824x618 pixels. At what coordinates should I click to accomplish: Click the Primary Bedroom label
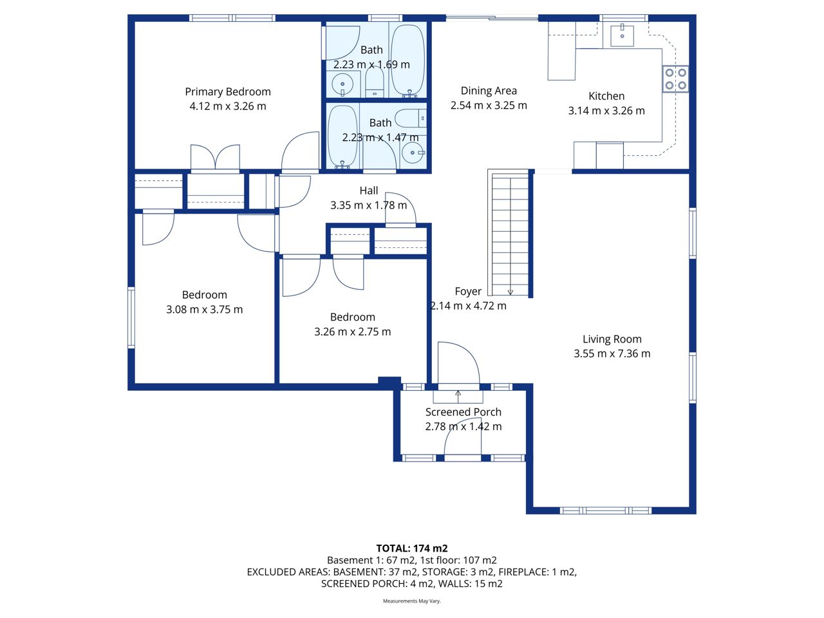pos(227,92)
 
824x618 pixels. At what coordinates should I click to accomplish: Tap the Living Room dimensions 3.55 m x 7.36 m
pos(612,353)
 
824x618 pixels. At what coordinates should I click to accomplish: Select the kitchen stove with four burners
pos(675,79)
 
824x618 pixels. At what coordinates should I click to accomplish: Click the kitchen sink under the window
pos(622,35)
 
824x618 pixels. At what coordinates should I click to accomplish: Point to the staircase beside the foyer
pos(510,235)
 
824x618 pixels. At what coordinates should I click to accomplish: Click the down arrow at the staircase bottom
pos(510,291)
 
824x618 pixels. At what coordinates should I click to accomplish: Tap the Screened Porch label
pos(464,412)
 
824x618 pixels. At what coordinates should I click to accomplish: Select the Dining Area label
pos(489,91)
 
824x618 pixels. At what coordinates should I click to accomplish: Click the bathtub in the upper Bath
pos(407,60)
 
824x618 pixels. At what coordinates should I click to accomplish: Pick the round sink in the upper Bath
pos(342,84)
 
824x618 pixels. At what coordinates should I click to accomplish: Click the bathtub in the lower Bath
pos(342,136)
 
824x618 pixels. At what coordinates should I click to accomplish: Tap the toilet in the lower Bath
pos(410,118)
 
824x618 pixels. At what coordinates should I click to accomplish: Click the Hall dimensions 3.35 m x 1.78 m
pos(368,205)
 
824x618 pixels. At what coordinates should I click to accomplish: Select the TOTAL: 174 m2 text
pos(412,548)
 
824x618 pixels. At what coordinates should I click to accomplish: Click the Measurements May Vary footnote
pos(411,601)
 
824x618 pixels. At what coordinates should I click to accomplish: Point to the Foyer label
pos(468,291)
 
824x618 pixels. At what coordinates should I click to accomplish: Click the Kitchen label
pos(606,96)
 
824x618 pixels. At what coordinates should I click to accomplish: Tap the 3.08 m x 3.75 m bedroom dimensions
pos(204,310)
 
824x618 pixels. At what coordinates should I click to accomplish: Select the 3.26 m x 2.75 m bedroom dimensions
pos(352,332)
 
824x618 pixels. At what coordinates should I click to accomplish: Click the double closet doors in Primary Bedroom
pos(215,158)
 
